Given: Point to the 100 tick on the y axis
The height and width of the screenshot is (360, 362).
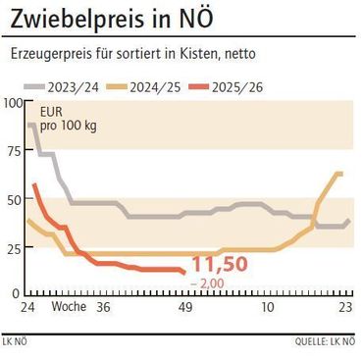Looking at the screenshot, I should (12, 103).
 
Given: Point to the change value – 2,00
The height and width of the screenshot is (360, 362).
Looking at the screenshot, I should (209, 283).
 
